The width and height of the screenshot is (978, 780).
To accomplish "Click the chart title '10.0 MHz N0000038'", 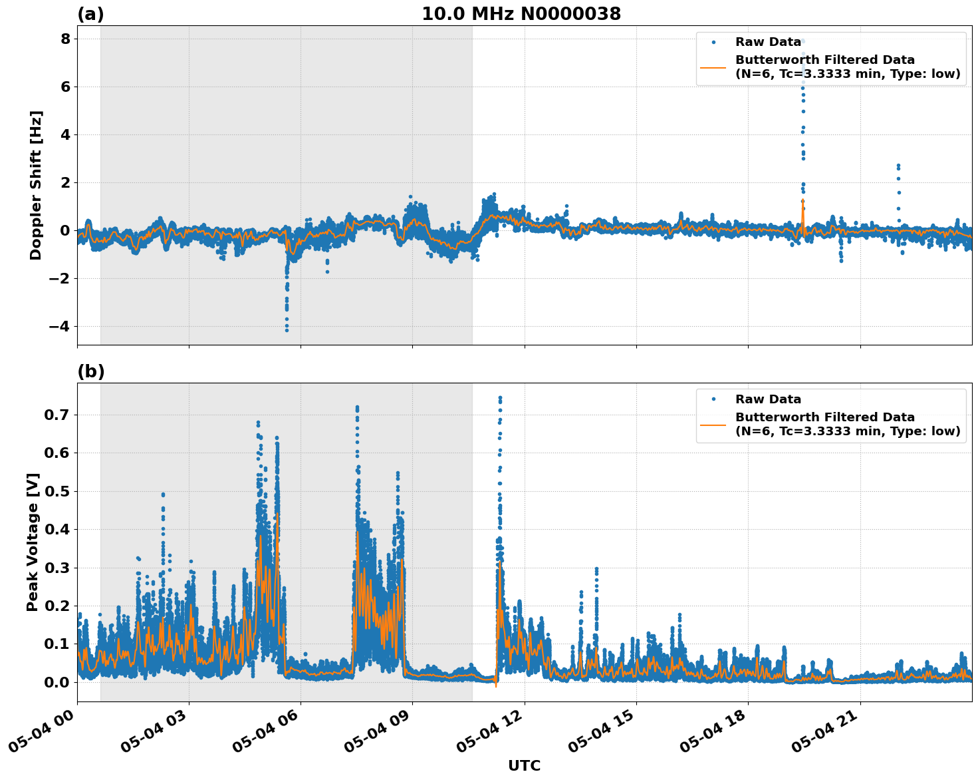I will coord(521,14).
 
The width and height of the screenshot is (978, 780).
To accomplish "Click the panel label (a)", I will coord(90,14).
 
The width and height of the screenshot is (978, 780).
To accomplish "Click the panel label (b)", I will coord(90,371).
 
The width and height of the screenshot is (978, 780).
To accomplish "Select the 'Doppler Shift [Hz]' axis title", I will coord(36,185).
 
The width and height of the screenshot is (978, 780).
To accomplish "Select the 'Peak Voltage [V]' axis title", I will coord(33,542).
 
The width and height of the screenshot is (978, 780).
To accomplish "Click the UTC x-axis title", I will coord(524,765).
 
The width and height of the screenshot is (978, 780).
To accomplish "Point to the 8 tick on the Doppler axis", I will coord(65,39).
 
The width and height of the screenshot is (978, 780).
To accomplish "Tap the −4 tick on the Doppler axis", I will coord(59,326).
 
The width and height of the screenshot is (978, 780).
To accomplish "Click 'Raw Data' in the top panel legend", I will coord(768,42).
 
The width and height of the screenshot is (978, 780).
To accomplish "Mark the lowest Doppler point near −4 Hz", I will coord(287,330).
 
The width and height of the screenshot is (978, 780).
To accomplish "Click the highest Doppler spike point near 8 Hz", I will coord(802,41).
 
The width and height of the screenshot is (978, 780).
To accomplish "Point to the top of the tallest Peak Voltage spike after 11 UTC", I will coord(500,398).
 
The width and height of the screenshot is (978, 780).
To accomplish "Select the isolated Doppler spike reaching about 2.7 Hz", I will coord(898,165).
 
